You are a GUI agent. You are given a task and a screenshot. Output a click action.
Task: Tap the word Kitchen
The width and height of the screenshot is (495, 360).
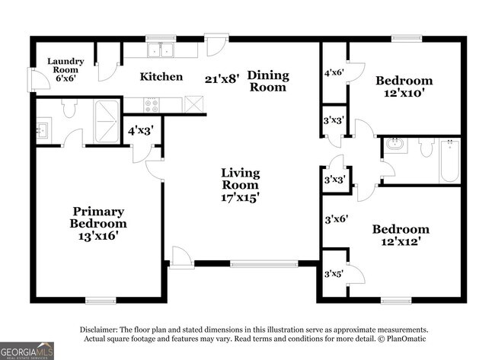point(161,76)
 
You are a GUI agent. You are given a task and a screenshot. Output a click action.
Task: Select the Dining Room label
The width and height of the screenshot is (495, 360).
point(269,81)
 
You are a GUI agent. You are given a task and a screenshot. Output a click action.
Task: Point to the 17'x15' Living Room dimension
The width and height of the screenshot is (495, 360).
point(240,197)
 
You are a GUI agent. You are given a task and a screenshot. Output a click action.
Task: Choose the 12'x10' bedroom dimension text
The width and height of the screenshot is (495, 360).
point(404,93)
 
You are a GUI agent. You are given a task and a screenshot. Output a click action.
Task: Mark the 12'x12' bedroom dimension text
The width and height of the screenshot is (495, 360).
point(400,242)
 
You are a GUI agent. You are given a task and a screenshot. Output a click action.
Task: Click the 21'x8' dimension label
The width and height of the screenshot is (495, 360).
point(222,78)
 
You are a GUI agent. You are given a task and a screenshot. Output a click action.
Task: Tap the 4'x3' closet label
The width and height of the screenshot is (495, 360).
point(141,130)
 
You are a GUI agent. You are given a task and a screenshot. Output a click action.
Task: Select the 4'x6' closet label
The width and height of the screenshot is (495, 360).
point(334,74)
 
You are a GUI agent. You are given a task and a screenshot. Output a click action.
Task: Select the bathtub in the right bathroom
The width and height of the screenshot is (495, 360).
point(449,161)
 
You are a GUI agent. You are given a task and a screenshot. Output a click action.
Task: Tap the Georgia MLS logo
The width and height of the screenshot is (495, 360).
point(27,349)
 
